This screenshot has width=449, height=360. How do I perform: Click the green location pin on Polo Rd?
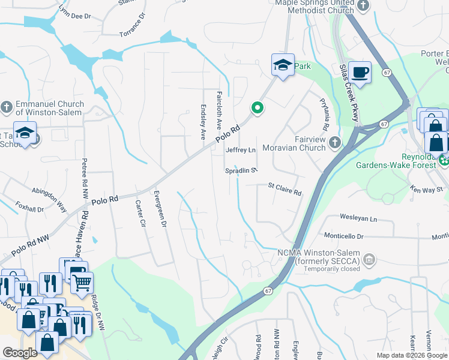[x=258, y=108]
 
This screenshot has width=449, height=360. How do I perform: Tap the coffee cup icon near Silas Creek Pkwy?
[x=360, y=73]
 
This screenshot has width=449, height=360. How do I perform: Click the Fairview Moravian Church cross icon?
[x=335, y=142]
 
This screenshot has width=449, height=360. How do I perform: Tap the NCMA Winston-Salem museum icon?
[x=369, y=259]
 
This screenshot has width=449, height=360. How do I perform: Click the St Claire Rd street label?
[x=285, y=189]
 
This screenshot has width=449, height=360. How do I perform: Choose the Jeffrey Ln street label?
[x=241, y=150]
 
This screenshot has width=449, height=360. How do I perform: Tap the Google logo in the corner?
[x=20, y=353]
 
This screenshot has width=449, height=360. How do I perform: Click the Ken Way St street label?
[x=427, y=190]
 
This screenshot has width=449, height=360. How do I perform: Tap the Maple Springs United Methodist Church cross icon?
[x=363, y=5]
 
